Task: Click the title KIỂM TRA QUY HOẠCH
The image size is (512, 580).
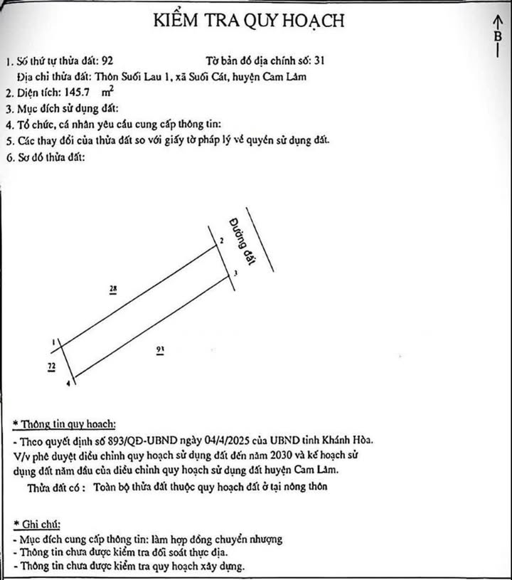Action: point(249,21)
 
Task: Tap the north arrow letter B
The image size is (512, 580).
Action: point(497,36)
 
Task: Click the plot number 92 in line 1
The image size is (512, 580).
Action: point(108,60)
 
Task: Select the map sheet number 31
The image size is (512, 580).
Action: point(319,60)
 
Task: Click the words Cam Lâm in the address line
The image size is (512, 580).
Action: point(286,76)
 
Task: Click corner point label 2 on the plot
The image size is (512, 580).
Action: point(222,242)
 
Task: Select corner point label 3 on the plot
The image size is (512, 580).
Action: point(234,273)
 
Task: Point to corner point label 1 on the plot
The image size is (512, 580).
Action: point(55,342)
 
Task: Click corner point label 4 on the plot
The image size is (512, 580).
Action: point(68,384)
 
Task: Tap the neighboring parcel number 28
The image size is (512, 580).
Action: point(113,289)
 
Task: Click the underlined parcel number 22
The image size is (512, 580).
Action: point(51,366)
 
